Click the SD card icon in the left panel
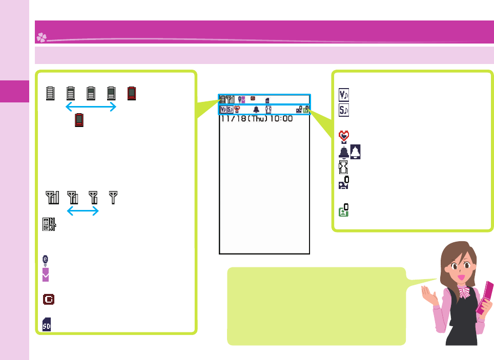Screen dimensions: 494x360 coord(47,324)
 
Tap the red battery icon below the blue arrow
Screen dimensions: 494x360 coord(79,120)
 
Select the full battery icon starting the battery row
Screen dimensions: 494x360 coord(50,93)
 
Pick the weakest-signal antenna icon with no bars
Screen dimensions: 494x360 coord(113,196)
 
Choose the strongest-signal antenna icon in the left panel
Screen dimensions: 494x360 coord(52,196)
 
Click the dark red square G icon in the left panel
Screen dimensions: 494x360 coord(50,299)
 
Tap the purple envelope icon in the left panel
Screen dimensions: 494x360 coord(46,276)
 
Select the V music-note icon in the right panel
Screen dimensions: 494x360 coord(344,95)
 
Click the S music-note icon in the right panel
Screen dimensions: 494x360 coord(344,109)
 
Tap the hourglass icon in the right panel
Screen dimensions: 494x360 coord(343,167)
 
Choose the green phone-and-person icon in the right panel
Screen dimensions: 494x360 coord(344,210)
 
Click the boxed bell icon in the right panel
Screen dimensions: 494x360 coord(356,152)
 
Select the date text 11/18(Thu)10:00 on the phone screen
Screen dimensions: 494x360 coord(256,119)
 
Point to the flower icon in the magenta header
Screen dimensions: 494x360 coord(41,37)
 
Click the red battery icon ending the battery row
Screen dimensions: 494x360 coord(132,93)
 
